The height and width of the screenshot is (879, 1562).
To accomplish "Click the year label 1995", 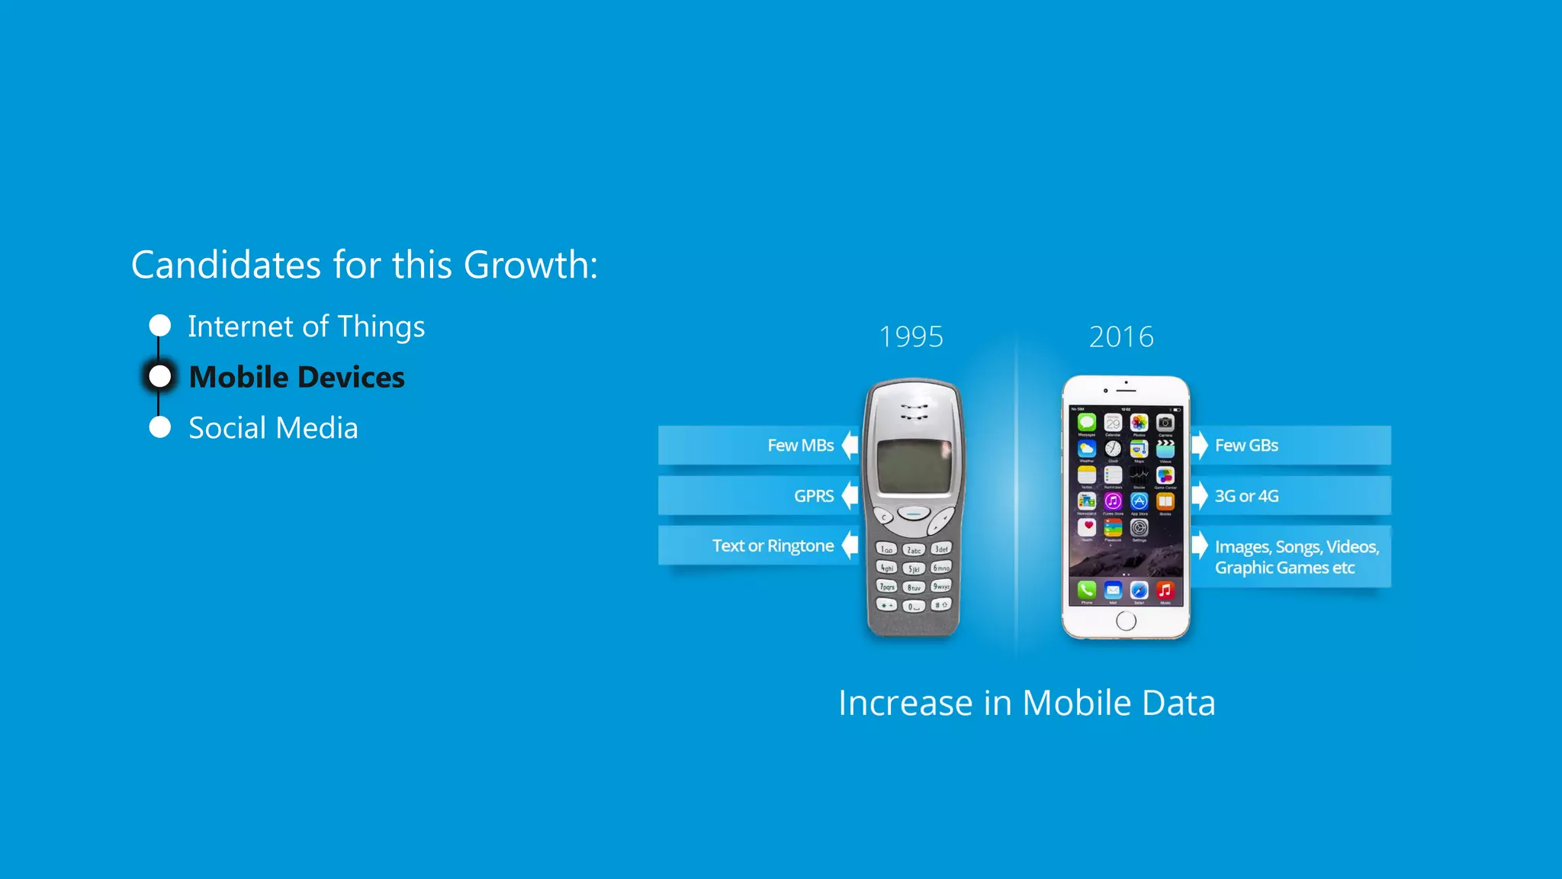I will tap(911, 336).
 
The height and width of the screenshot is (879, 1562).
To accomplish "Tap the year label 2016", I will tap(1121, 336).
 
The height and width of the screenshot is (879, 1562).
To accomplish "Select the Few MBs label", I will tap(800, 446).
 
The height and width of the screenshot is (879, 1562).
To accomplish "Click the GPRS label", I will tap(814, 496).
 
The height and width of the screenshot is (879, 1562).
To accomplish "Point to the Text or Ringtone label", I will tap(773, 546).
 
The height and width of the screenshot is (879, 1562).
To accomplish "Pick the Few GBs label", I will tap(1246, 446).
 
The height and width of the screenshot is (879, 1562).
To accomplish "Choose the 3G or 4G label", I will tap(1246, 496).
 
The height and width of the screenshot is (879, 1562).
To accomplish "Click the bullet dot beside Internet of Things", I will tap(160, 326).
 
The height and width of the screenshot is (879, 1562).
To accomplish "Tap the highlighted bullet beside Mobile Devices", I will tap(160, 376).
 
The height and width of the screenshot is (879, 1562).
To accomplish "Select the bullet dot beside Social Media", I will tap(160, 427).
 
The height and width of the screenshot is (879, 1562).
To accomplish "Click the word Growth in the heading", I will tap(525, 265).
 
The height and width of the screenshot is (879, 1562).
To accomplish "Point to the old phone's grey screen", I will tap(914, 466).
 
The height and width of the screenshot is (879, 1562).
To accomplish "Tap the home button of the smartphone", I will tap(1126, 621).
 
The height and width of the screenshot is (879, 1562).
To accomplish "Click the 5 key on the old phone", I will tap(914, 568).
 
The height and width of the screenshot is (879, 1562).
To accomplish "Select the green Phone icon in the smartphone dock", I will tap(1087, 590).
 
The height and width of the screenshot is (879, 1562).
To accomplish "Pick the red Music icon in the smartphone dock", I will tap(1165, 590).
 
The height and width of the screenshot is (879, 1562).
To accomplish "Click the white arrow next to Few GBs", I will tap(1200, 445).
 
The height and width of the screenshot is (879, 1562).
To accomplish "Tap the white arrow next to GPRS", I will tap(850, 496).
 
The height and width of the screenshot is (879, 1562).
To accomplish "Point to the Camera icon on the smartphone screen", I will tap(1165, 423).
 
